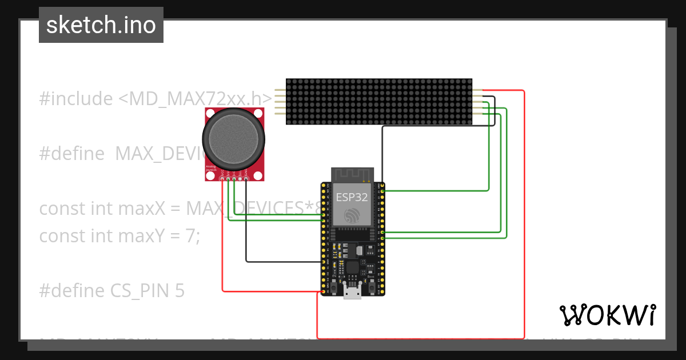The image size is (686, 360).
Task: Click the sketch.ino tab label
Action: coord(101,25)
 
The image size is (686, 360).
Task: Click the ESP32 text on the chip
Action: coord(352,198)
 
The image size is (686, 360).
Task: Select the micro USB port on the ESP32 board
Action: coord(352,293)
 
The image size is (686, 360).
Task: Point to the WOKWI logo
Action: coord(607,315)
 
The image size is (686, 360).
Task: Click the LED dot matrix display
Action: coord(378,102)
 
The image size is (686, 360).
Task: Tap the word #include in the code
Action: coord(76,99)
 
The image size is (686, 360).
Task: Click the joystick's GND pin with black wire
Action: coord(246,180)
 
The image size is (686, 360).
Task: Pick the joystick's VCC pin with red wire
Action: coord(222,180)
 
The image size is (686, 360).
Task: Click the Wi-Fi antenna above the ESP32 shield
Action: coord(352,174)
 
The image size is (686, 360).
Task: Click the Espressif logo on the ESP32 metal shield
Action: coord(352,215)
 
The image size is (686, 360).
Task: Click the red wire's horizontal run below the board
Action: coord(420,338)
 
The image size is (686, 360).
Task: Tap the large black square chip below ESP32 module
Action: coord(352,267)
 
